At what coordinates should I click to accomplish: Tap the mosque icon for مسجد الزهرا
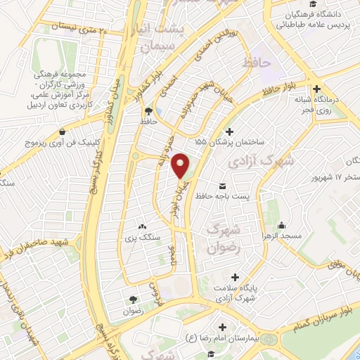coord(282,225)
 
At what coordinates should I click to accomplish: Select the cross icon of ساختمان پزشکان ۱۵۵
coord(229,131)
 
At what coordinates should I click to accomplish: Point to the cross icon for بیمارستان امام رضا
coord(224,328)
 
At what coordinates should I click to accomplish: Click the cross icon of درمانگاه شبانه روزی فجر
coord(318,89)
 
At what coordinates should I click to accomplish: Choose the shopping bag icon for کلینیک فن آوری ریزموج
coord(63,131)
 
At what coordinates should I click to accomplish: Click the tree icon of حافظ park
coord(148,111)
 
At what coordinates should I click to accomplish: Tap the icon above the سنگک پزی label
coord(143,226)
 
